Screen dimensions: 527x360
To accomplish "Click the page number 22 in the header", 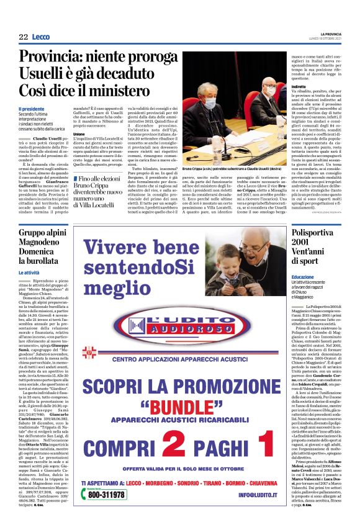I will (23, 37).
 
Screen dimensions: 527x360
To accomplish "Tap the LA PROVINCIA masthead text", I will (326, 34).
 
